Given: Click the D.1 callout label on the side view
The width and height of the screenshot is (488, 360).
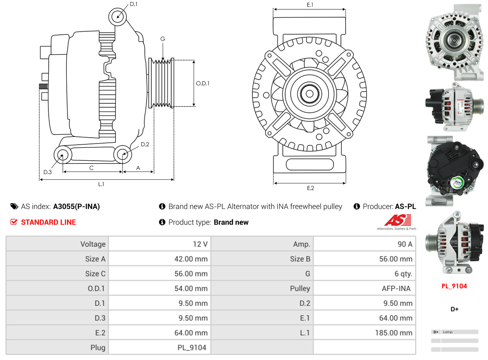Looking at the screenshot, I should tap(133, 4).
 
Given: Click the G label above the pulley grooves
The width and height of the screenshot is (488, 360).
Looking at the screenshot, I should tap(163, 39).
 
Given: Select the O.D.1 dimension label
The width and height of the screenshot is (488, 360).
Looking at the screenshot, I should tap(202, 83).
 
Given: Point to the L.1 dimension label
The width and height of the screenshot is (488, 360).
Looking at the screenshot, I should tap(101, 184).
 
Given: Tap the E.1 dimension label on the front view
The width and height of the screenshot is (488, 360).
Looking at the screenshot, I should tap(310, 5).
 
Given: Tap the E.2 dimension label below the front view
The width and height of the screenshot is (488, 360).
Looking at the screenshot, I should tap(310, 188).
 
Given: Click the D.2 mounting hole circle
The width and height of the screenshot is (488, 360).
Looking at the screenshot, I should tap(122, 154).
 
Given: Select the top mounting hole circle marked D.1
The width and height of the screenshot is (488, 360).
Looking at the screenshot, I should tap(117, 17).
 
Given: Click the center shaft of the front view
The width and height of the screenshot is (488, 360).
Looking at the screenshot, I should tap(309, 94).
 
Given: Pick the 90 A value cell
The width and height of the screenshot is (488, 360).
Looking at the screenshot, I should tap(405, 244).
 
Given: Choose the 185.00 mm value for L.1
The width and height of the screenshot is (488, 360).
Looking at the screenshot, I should tap(396, 333).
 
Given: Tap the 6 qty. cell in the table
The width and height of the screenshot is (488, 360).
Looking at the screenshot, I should tap(403, 274).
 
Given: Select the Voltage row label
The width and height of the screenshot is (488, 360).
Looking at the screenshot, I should tap(93, 244).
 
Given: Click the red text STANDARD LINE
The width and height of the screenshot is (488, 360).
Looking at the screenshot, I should tap(48, 222).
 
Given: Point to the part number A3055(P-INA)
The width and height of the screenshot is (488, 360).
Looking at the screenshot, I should tap(76, 207).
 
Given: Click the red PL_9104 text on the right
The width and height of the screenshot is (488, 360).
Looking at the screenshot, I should tap(454, 286).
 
